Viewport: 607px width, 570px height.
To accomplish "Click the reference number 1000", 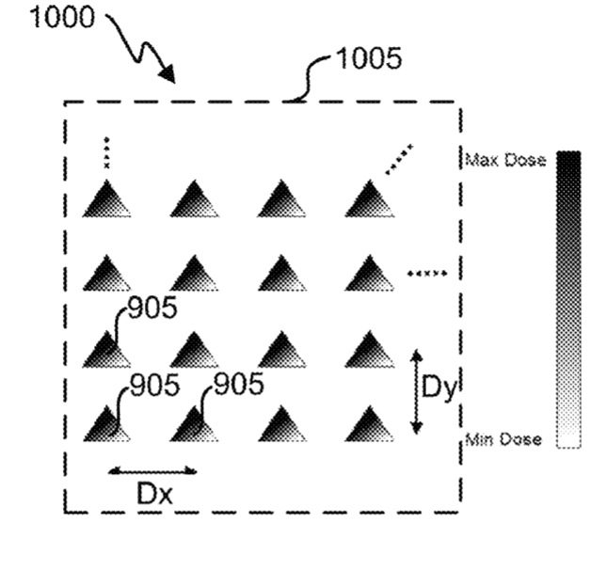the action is coord(62,18).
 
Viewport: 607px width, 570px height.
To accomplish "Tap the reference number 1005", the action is coord(369,58).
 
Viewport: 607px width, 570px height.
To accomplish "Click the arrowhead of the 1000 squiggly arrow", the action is coord(168,74).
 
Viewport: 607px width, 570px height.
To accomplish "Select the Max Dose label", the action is coord(505,160).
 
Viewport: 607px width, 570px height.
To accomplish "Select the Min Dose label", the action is coord(503,439).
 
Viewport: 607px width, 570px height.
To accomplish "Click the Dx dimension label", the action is coord(155,494).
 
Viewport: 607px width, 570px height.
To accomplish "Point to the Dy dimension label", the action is coord(439,388).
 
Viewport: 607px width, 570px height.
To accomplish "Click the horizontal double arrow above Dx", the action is coord(152,471).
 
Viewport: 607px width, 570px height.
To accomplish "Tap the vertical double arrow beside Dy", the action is coord(417,391).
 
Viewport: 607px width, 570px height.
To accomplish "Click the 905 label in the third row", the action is coord(152,308).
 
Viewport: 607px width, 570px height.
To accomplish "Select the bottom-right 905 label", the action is coord(239,384).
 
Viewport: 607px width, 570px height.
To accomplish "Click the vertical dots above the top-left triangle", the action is coord(106,153).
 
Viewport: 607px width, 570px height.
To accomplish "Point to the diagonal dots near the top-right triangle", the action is coord(399,160).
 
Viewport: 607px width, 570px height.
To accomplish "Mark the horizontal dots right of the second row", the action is coord(427,274).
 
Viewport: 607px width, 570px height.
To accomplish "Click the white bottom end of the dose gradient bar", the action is coord(568,440).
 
